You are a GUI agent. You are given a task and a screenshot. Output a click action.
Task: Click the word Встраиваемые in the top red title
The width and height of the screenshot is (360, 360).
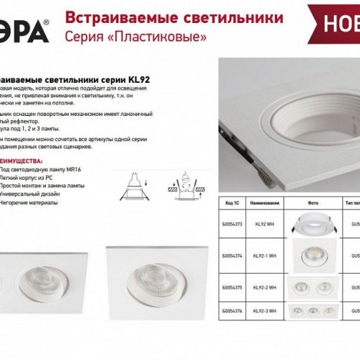(102, 18)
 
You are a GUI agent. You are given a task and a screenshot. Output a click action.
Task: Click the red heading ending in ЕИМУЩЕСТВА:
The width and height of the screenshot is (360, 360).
(22, 142)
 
